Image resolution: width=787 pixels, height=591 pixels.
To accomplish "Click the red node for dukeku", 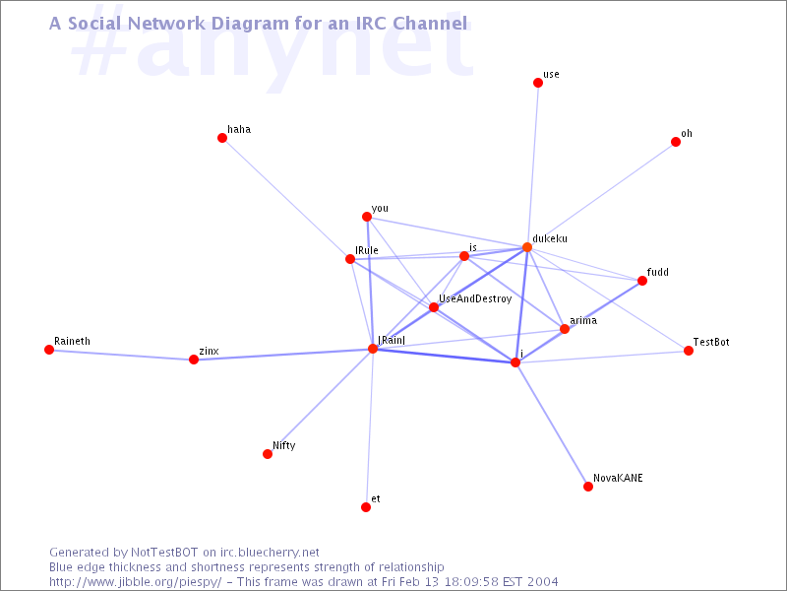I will [x=527, y=247].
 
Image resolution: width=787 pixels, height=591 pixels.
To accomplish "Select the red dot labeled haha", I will [x=222, y=138].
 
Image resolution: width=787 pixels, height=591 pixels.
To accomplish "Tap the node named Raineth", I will [x=49, y=350].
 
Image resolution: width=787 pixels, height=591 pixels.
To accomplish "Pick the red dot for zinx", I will [x=194, y=360].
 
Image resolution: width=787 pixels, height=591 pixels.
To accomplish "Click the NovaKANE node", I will [x=588, y=487].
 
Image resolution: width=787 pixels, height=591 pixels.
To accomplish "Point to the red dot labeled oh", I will [x=676, y=142].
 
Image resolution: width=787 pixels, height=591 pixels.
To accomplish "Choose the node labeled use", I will [x=538, y=83].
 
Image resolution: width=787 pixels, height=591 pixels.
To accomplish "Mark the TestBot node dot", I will [x=689, y=351].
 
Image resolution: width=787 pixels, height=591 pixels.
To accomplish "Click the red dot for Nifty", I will [x=268, y=454].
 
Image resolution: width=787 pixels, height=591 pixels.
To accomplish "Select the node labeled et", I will [x=366, y=507].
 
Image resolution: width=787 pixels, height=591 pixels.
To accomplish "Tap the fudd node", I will [x=642, y=281].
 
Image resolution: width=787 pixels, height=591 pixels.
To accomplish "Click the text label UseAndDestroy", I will [x=475, y=298].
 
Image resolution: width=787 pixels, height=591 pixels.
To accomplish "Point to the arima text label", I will [x=583, y=320].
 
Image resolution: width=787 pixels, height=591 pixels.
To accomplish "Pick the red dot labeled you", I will [x=366, y=218].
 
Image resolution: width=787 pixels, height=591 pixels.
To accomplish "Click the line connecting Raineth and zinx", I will [x=121, y=355].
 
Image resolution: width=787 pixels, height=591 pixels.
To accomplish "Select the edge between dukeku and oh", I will [x=601, y=195].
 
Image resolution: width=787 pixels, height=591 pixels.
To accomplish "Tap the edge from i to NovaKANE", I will [x=552, y=425].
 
